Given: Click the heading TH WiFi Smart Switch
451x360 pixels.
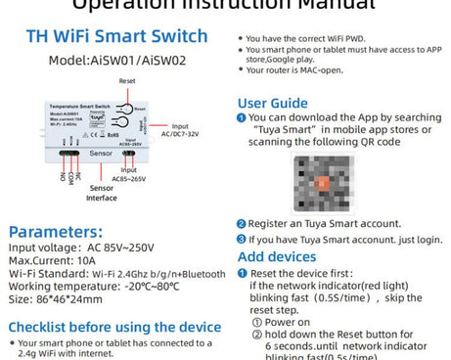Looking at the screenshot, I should pos(116,37).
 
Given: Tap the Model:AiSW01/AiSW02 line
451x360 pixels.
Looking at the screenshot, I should pos(116,60).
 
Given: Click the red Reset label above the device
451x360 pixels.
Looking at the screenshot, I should pos(127,80).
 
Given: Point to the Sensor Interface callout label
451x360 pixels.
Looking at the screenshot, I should pos(102,192).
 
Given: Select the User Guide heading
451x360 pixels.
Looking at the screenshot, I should pos(273,103).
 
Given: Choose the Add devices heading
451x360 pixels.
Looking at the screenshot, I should pos(279,256).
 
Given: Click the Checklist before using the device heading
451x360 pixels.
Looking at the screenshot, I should pos(114,327).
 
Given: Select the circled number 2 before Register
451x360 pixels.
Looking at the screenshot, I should pos(242,224).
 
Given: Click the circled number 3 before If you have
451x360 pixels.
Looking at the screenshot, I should pos(242,239).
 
